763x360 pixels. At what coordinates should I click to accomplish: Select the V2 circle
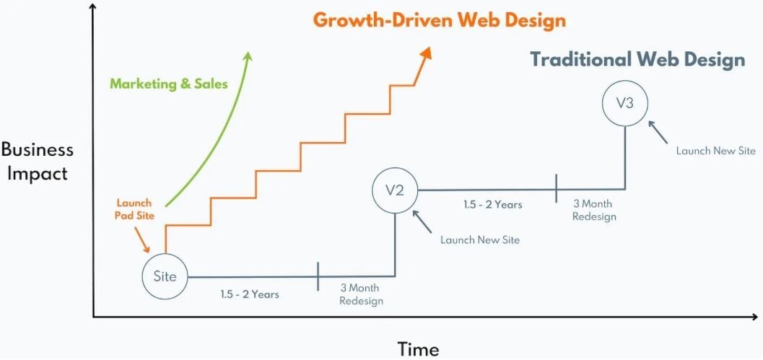point(395,190)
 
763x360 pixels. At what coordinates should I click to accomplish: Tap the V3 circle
point(624,103)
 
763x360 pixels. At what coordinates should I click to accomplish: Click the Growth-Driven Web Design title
point(440,20)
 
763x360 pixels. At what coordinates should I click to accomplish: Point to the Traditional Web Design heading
point(637,59)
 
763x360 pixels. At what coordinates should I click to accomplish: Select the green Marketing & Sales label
point(168,84)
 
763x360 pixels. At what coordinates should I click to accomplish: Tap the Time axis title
point(418,349)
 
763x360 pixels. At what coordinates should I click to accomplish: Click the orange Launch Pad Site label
point(134,209)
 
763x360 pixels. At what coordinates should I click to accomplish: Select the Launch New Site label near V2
point(480,240)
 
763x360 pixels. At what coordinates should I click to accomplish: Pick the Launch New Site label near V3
point(715,151)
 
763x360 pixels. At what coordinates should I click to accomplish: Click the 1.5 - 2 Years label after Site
point(250,294)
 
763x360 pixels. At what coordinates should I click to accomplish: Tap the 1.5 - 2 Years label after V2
point(492,205)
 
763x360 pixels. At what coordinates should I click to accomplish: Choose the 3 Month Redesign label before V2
point(361,294)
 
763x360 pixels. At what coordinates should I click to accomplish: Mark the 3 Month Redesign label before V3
point(594,210)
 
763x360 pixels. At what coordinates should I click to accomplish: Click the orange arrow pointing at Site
point(144,239)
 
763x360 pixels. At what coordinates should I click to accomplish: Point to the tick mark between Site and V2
point(318,276)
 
